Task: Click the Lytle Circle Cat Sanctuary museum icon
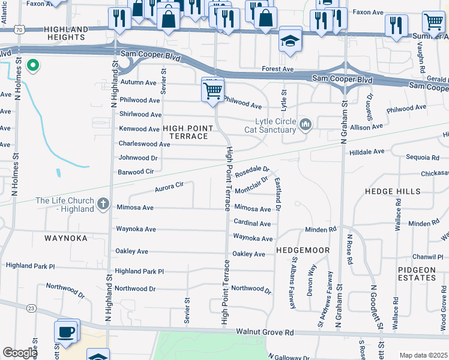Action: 306,125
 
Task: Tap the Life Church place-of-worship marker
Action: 103,205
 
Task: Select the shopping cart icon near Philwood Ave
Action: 212,91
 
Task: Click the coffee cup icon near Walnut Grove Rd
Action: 66,331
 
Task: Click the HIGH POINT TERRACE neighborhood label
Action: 185,132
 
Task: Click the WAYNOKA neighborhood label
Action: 66,238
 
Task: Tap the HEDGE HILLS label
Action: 393,191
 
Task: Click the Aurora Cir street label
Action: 169,187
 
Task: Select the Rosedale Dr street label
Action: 252,172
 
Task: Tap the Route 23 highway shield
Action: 31,308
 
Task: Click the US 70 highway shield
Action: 20,29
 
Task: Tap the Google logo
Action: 20,353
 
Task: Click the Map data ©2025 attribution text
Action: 423,355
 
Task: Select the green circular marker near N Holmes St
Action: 32,64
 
